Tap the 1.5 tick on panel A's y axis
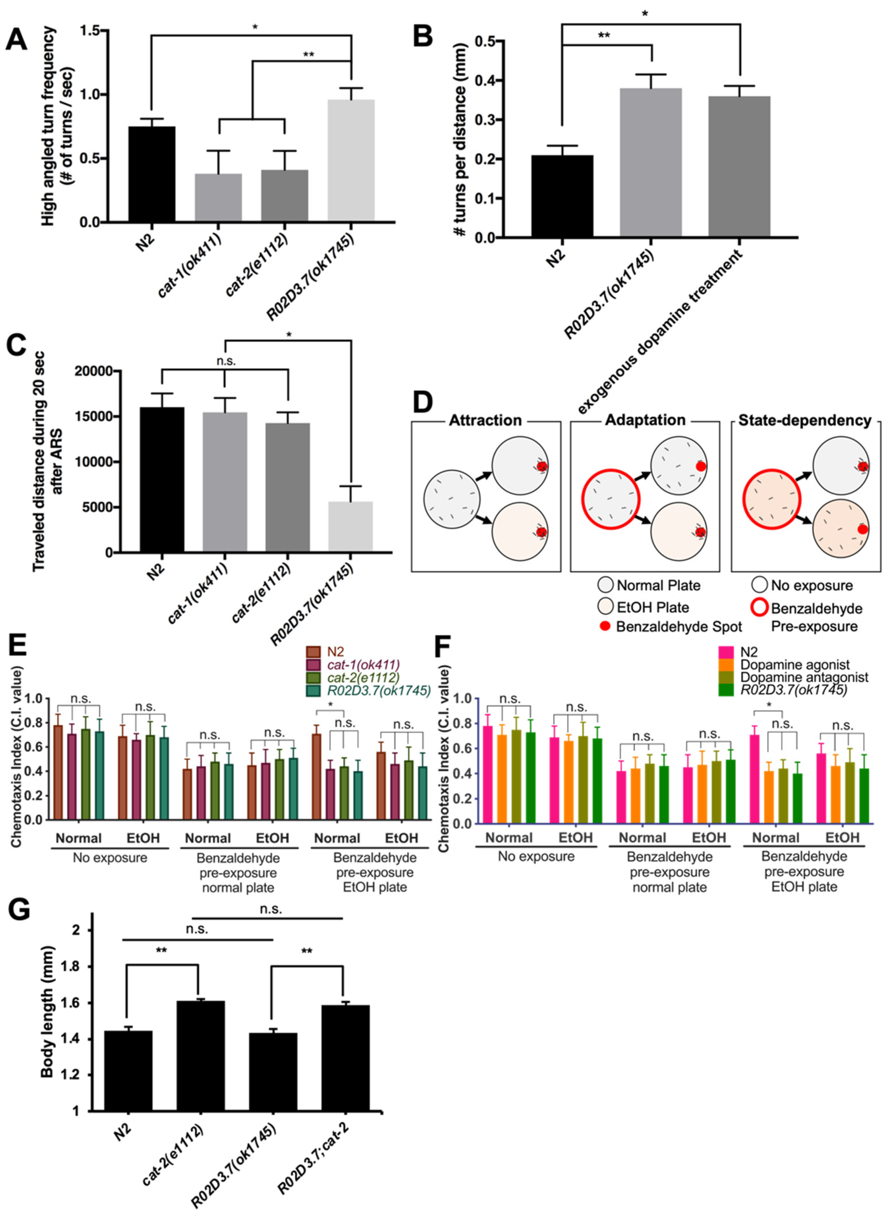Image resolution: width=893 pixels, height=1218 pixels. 92,31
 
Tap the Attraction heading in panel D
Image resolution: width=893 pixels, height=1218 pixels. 485,420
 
